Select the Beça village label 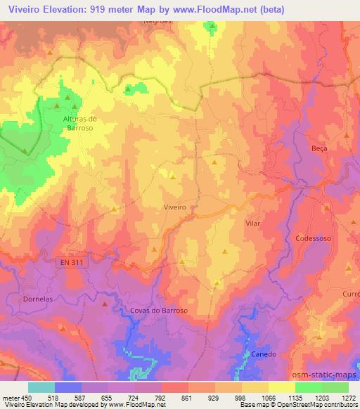pos(319,148)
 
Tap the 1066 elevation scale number pos(269,397)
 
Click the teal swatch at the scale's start pos(41,387)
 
